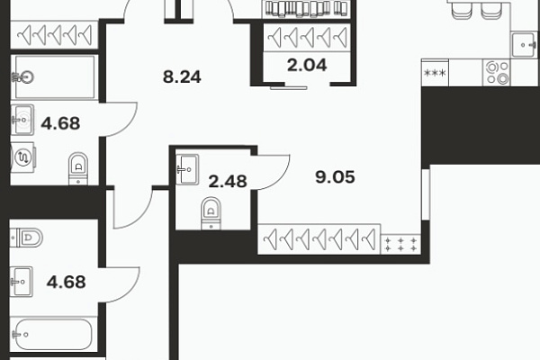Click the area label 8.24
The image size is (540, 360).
182,76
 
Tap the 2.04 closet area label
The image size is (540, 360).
307,65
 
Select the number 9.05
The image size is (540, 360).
335,177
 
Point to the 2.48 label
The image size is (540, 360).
228,182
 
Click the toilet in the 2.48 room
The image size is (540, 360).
211,213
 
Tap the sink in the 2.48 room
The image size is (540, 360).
187,169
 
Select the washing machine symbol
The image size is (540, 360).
23,157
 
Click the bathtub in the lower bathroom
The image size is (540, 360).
53,334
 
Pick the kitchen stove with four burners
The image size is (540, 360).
497,73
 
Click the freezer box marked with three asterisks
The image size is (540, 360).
435,73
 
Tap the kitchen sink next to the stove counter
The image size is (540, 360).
524,45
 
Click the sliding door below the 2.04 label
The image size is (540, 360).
289,88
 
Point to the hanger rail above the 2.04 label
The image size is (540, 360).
307,38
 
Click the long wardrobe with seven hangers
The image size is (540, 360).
319,239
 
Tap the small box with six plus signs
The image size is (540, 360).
400,244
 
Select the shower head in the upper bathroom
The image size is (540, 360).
23,77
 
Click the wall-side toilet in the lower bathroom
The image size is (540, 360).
26,238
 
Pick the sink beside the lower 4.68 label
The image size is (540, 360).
22,282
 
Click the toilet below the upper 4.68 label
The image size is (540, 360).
78,168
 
